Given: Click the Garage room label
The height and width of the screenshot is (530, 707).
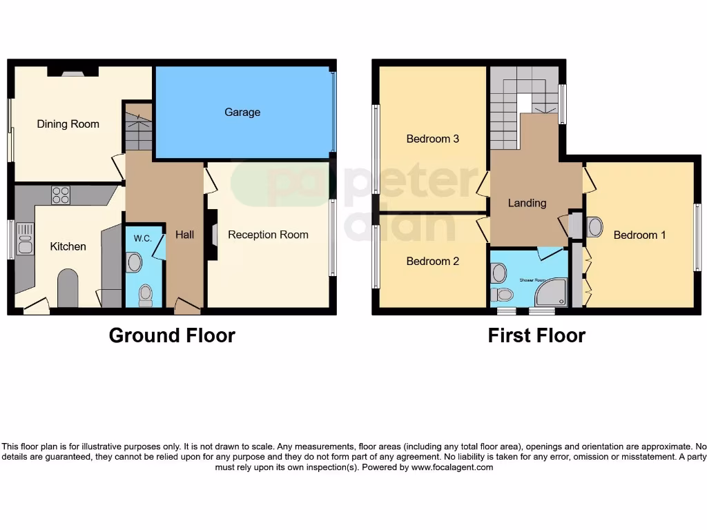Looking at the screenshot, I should pyautogui.click(x=242, y=112).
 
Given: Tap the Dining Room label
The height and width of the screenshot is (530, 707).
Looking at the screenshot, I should pyautogui.click(x=68, y=124).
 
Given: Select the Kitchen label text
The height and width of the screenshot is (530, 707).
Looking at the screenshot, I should pyautogui.click(x=68, y=246).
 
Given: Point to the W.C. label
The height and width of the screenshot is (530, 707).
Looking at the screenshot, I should pyautogui.click(x=142, y=238).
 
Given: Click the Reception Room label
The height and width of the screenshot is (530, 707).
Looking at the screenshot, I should pyautogui.click(x=268, y=235).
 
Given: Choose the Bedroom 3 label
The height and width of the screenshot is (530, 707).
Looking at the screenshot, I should pyautogui.click(x=432, y=139).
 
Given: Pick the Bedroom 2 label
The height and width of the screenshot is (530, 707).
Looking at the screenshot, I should pyautogui.click(x=432, y=261).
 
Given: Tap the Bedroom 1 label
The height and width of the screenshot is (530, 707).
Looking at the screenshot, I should pyautogui.click(x=639, y=235).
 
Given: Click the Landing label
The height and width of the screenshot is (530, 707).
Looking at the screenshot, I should pyautogui.click(x=527, y=203).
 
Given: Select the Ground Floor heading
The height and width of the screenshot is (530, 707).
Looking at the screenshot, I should pyautogui.click(x=172, y=335).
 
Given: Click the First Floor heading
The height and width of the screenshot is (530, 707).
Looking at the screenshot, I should pyautogui.click(x=536, y=335).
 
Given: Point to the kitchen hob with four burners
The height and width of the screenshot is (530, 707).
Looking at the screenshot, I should pyautogui.click(x=61, y=195).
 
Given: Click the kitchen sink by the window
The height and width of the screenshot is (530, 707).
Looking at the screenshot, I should pyautogui.click(x=25, y=238).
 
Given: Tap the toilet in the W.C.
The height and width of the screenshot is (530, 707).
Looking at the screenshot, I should pyautogui.click(x=145, y=295).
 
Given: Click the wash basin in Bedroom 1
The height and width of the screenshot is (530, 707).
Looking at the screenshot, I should pyautogui.click(x=594, y=226).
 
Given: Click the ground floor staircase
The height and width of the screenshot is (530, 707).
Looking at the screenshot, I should pyautogui.click(x=139, y=126).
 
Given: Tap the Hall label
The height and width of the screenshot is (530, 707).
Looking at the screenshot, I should pyautogui.click(x=184, y=235).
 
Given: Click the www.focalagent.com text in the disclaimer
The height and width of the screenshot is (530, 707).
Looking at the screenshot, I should pyautogui.click(x=452, y=467).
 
